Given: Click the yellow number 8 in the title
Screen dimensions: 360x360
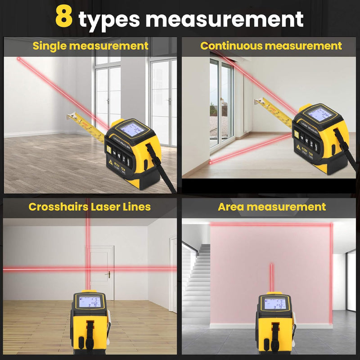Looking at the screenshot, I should pyautogui.click(x=64, y=18).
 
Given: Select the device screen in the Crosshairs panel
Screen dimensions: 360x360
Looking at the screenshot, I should pyautogui.click(x=88, y=302).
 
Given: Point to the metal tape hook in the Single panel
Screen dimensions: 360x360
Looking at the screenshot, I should pyautogui.click(x=71, y=117).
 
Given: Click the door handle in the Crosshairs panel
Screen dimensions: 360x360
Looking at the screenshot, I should pyautogui.click(x=108, y=274).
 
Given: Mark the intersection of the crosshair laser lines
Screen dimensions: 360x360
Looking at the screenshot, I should pyautogui.click(x=88, y=269).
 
